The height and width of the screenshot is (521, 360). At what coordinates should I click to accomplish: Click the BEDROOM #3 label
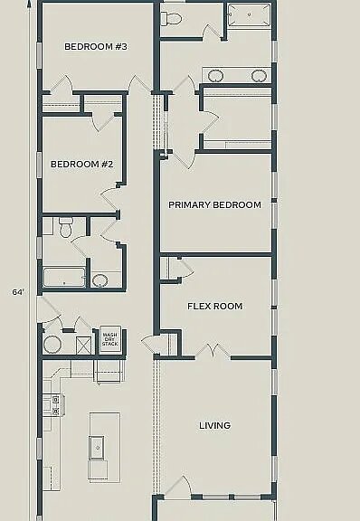coord(95,46)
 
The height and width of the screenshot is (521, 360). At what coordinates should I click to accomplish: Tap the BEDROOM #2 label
coord(81,164)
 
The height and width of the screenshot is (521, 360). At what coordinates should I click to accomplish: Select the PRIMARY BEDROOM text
coord(214,204)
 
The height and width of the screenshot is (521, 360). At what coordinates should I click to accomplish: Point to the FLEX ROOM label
coord(214,306)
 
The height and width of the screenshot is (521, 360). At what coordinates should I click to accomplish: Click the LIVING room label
coord(214,425)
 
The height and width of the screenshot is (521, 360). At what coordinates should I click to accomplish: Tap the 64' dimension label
coord(18,292)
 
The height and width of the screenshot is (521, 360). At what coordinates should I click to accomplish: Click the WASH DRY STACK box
coord(110,339)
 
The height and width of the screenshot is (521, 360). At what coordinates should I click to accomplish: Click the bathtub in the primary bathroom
coord(249,15)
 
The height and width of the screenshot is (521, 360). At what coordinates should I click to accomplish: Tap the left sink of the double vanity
coord(215,75)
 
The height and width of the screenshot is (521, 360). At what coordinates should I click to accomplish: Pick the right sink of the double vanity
coord(259,75)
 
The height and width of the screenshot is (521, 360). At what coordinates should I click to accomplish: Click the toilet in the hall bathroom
coord(66,228)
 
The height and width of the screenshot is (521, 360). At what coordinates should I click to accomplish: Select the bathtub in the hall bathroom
coord(64,277)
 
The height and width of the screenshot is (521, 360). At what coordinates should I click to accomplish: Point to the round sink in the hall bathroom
coord(100,280)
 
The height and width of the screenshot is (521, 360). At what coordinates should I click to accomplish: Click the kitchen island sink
coord(97,448)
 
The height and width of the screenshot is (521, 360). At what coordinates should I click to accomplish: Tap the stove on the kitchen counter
coord(54,404)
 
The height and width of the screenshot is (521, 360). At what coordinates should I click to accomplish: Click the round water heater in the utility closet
coord(52,345)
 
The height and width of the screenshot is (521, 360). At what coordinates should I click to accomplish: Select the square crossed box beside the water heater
coord(83,346)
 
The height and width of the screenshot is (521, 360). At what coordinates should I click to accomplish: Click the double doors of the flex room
coord(213,351)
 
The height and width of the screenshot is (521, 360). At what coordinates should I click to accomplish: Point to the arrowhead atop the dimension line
coord(30,4)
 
